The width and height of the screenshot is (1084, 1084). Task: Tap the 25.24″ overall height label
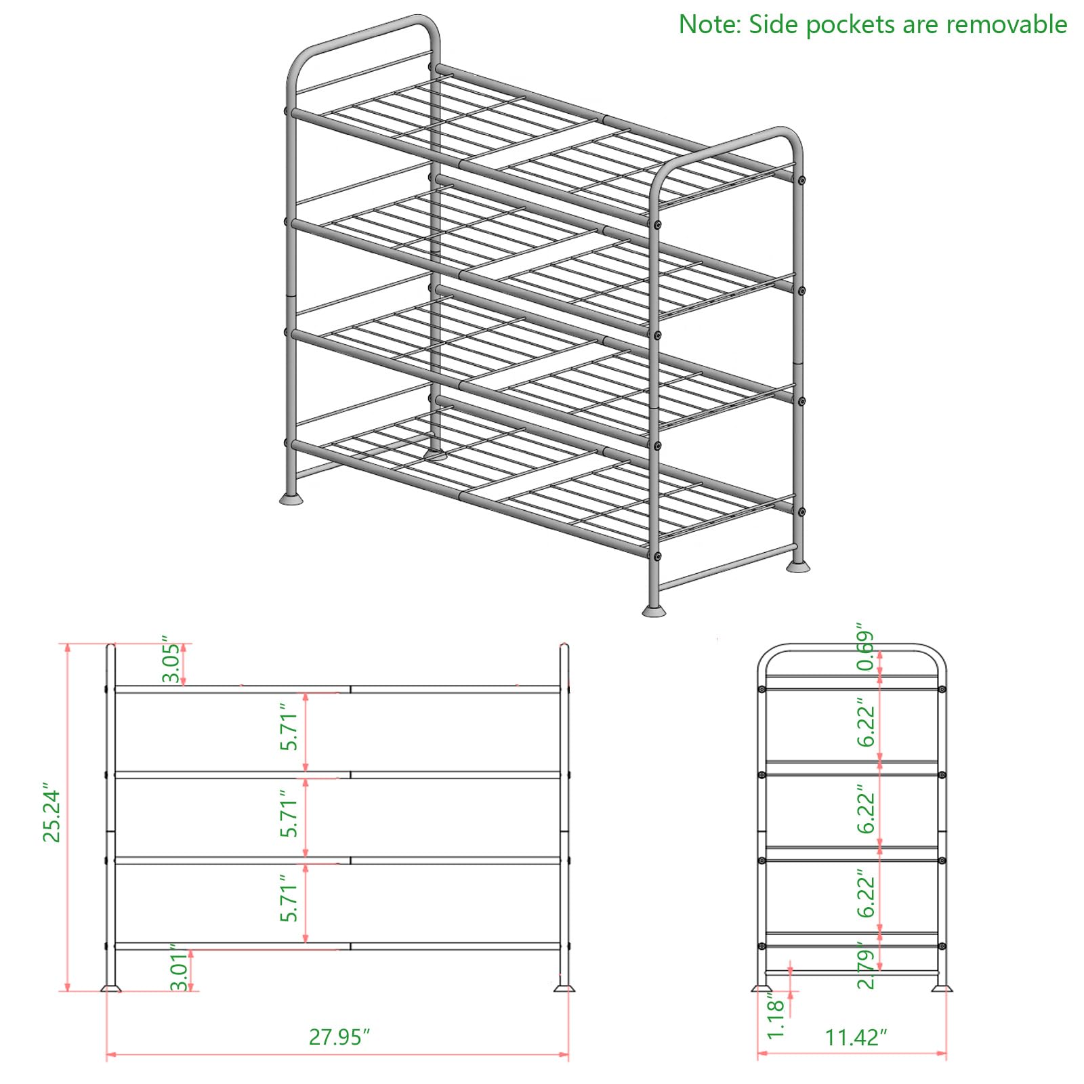[x=51, y=816]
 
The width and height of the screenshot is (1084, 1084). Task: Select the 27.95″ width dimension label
[x=339, y=1037]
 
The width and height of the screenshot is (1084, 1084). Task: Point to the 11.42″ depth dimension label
[x=856, y=1037]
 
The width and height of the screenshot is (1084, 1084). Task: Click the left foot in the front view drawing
[x=110, y=988]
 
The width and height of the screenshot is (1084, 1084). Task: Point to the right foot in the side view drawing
[x=941, y=988]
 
